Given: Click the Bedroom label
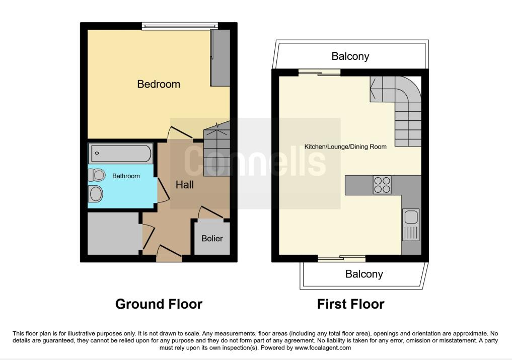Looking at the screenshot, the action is (159, 84).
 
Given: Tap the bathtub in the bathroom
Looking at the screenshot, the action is (121, 153).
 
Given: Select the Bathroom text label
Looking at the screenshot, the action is (126, 176).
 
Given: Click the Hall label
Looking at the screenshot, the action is (184, 185).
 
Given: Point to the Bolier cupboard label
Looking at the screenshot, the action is (212, 239).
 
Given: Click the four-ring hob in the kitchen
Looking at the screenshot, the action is (382, 185).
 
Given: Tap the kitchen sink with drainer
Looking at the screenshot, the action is (411, 225).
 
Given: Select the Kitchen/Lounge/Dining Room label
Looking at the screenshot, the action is (345, 147).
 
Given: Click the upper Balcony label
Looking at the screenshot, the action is (350, 56).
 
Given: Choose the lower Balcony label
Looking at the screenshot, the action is (364, 274).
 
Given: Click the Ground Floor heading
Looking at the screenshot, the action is (159, 304).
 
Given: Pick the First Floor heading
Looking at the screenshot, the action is (351, 304).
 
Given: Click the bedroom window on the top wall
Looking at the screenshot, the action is (180, 26).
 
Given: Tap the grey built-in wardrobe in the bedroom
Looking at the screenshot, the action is (220, 58).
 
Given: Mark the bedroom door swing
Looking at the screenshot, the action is (180, 132).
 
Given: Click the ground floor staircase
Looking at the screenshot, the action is (217, 149).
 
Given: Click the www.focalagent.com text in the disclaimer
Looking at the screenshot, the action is (323, 348).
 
